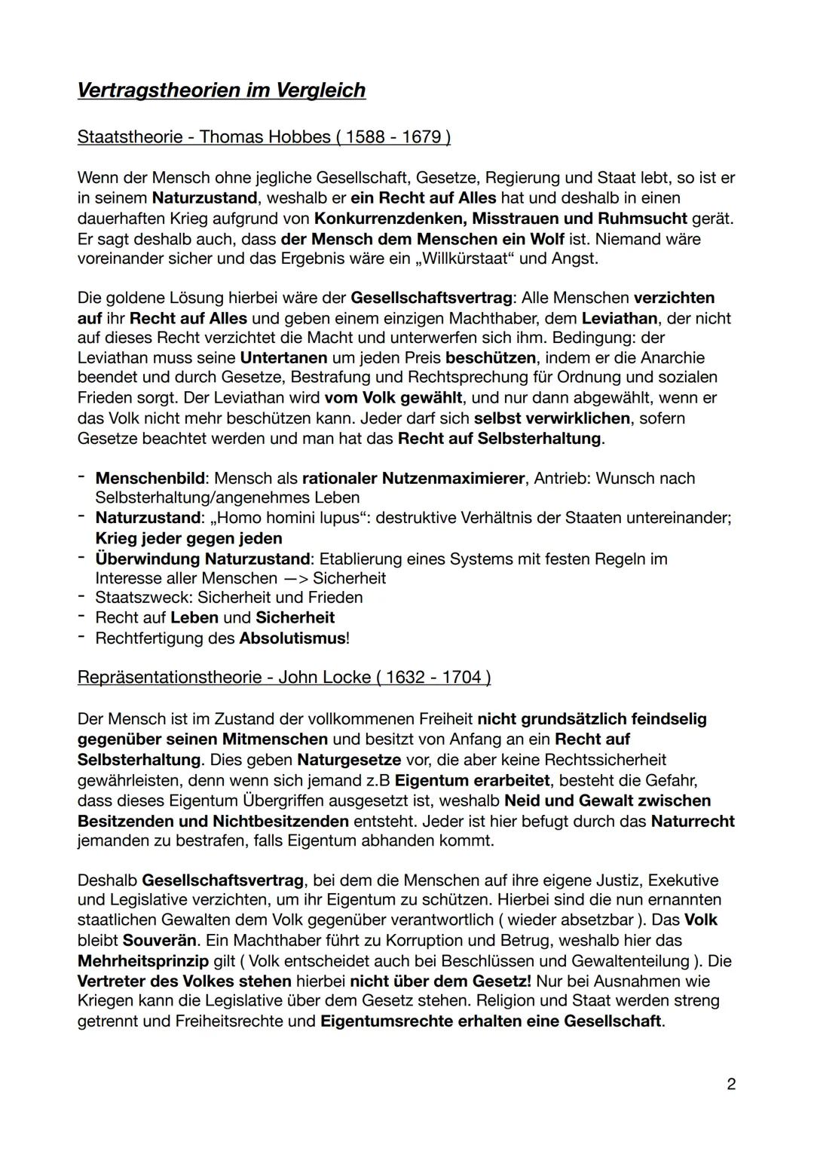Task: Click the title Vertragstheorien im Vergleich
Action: point(221,90)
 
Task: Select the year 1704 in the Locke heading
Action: point(463,677)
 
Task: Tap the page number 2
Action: point(730,1084)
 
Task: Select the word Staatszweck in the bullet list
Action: point(142,598)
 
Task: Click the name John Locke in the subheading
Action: point(324,677)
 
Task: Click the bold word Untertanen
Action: point(283,357)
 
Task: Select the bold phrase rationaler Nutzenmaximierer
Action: point(413,478)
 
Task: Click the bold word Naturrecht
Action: point(692,820)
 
